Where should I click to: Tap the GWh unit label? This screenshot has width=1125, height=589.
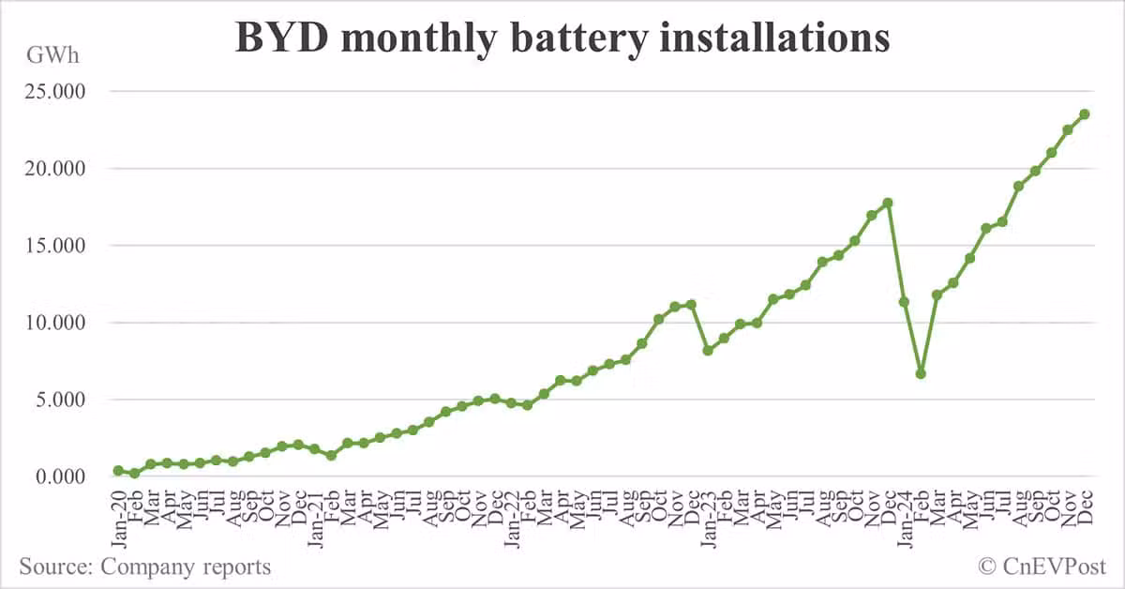coord(52,54)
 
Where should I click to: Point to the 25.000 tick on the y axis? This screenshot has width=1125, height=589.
coord(53,92)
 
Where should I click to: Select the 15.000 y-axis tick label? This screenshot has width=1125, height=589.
coord(53,246)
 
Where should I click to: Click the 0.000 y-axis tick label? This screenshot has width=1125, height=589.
coord(57,476)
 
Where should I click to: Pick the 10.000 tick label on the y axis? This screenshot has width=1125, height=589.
coord(53,323)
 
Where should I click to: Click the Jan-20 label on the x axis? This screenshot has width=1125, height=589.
coord(118,511)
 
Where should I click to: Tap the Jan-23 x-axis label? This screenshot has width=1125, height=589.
coord(709,511)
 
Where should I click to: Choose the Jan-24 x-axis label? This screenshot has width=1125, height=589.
coord(906,511)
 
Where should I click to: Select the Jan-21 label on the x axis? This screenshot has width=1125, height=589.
coord(315,511)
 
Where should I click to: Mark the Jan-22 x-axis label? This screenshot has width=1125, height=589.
coord(512,511)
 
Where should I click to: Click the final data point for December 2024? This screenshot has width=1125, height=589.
coord(1085,114)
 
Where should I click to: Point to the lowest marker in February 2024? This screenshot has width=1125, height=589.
coord(921,373)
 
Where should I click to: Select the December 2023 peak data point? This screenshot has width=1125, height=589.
coord(888,203)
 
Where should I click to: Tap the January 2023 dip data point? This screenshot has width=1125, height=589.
coord(708,351)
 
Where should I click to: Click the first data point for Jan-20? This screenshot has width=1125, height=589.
coord(118,470)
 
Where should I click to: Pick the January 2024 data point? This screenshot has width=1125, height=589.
coord(904,302)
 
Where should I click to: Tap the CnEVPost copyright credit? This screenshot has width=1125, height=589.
coord(1042,566)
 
